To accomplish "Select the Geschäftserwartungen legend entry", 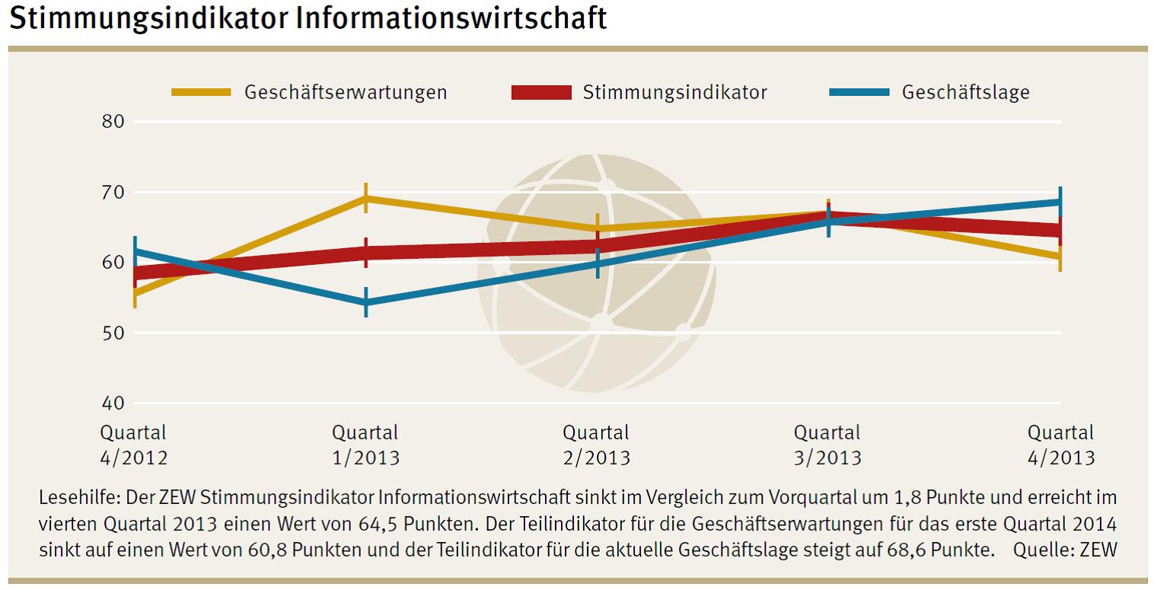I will (x=345, y=93).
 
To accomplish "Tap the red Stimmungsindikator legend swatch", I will (x=540, y=93).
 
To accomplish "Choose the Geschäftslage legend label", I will (x=965, y=93).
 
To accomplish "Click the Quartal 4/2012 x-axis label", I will (x=134, y=445).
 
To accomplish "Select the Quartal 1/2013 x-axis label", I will (x=365, y=445).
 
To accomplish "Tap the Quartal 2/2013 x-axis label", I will (x=597, y=445).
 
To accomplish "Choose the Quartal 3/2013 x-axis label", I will (x=828, y=445).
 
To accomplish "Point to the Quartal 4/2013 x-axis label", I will (x=1060, y=445).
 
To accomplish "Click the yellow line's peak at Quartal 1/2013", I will (x=366, y=198).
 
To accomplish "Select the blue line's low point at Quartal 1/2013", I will (x=366, y=303).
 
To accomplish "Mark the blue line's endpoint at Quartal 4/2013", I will (x=1060, y=202).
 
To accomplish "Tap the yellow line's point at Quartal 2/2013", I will (x=598, y=228).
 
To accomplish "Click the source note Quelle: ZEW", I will (x=1065, y=550).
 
